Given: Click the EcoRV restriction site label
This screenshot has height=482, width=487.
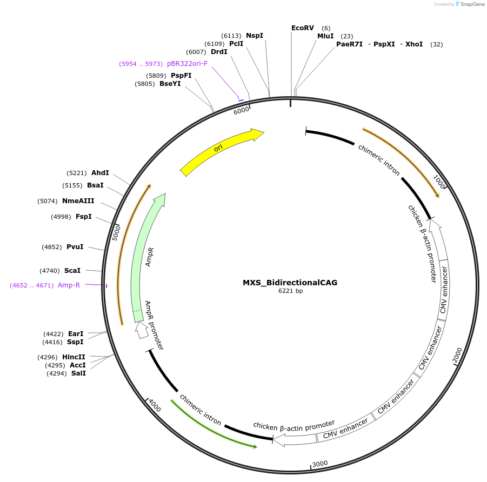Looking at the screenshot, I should click(302, 28).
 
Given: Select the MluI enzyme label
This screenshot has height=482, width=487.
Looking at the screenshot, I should click(325, 36).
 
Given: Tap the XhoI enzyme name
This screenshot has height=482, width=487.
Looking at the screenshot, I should click(413, 44).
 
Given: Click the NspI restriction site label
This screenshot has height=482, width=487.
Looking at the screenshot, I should click(255, 36).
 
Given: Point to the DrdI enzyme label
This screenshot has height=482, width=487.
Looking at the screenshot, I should click(219, 52).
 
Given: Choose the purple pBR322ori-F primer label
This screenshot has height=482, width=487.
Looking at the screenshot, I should click(187, 64).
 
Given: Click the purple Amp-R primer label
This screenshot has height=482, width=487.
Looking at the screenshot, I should click(69, 285).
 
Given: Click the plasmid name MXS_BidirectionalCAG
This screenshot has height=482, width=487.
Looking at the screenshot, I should click(290, 283).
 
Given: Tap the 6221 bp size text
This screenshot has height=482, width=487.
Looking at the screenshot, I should click(290, 291).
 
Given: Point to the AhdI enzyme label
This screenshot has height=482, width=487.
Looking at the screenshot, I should click(100, 173).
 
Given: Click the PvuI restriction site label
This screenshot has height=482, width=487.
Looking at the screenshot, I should click(75, 247).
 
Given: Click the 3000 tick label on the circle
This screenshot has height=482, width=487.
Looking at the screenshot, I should click(320, 464).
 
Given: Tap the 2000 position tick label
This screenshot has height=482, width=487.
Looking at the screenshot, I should click(457, 356).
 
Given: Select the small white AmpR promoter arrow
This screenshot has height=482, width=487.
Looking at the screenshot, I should click(142, 330).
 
